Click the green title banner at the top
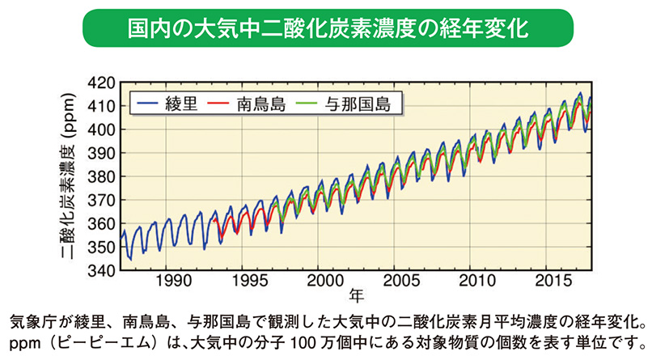(x=327, y=29)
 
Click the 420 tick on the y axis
(x=102, y=83)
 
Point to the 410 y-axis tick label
(x=102, y=106)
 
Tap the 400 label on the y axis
(x=102, y=129)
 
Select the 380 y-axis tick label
(x=102, y=177)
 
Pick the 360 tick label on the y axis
(x=102, y=224)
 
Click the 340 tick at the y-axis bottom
(x=102, y=271)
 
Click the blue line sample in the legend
(x=148, y=104)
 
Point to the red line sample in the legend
(x=220, y=104)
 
